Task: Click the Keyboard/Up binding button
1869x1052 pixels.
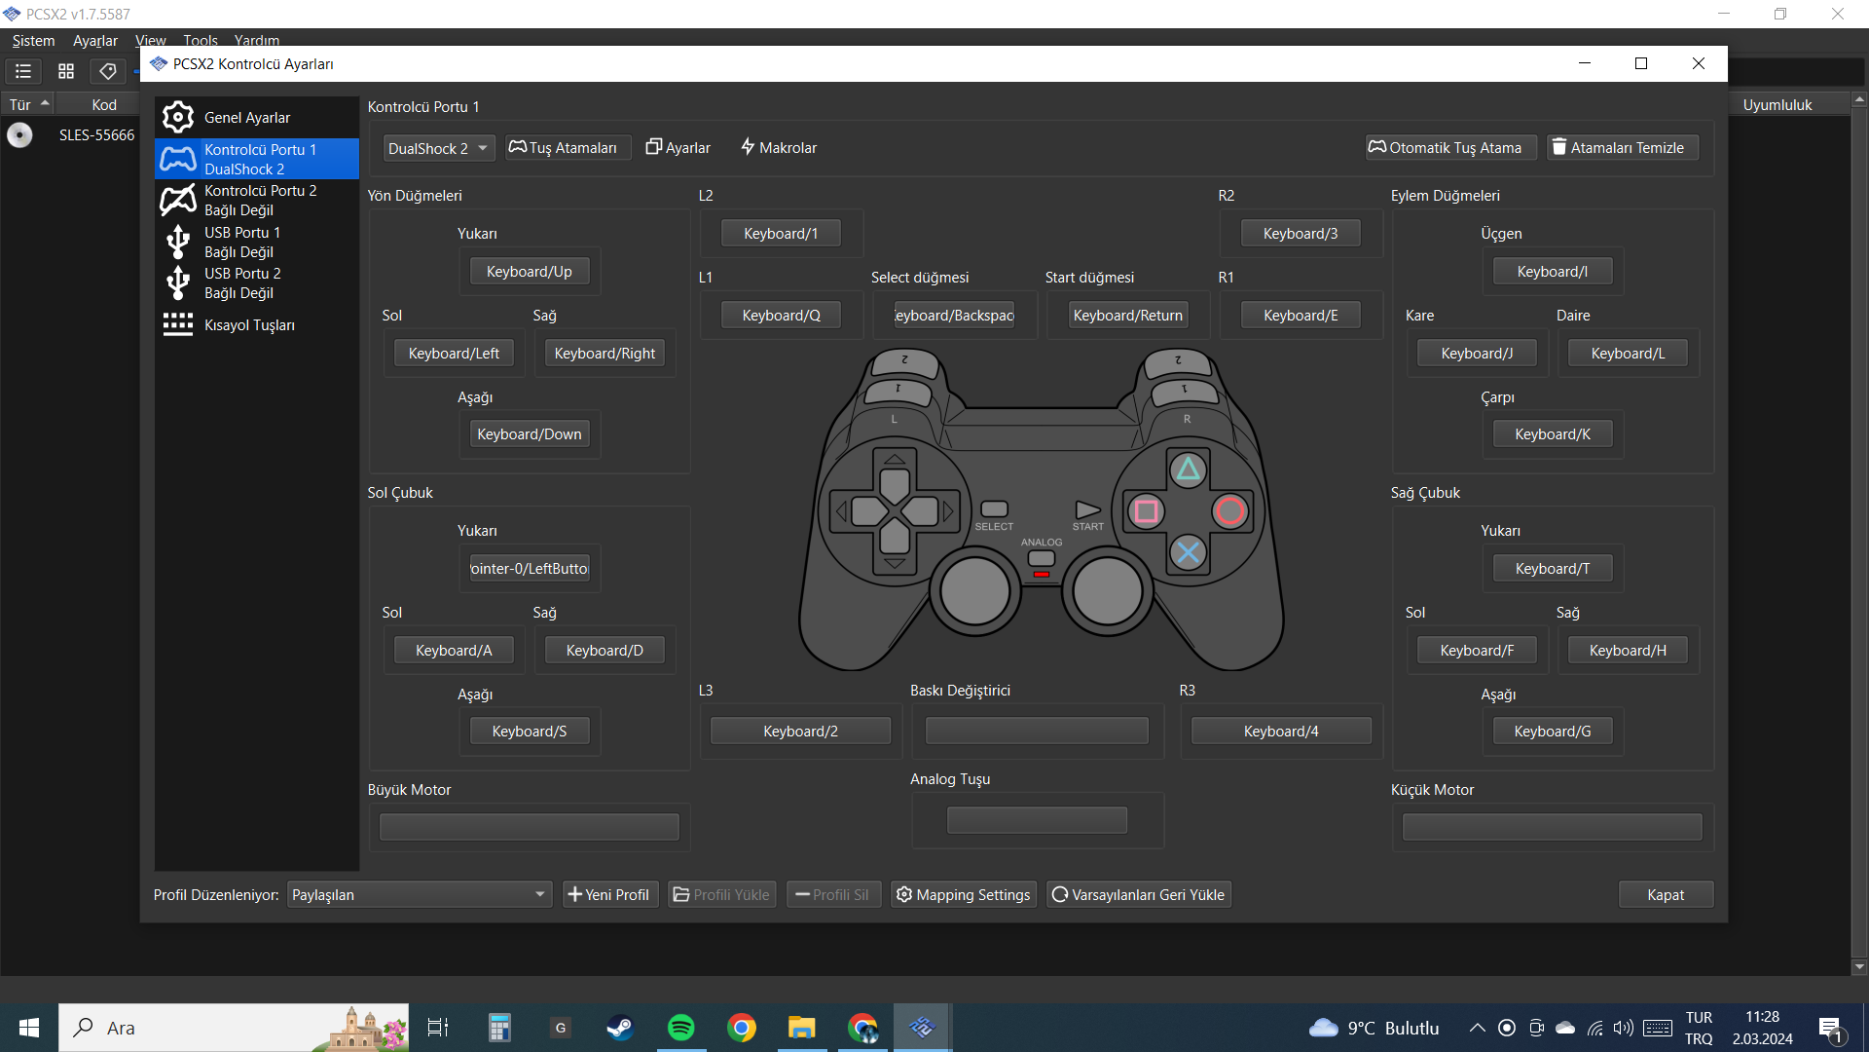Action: [530, 272]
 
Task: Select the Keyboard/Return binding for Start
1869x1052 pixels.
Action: [1127, 315]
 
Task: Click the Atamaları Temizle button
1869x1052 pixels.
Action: [1623, 147]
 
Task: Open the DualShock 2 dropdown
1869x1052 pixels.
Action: [438, 148]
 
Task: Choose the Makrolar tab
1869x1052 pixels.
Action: [779, 147]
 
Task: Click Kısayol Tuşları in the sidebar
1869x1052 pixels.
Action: [248, 324]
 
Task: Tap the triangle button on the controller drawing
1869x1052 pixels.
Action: [1188, 470]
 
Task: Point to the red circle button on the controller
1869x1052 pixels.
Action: [1229, 510]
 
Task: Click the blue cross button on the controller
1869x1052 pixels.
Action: [1188, 552]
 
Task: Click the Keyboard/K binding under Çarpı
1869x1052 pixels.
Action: [1552, 434]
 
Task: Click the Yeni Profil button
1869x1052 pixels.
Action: [609, 894]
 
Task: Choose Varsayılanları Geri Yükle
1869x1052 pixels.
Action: [1138, 894]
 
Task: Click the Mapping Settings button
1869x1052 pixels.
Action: [963, 894]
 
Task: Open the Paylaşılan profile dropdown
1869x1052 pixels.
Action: [419, 894]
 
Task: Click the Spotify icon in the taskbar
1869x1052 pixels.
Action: [680, 1028]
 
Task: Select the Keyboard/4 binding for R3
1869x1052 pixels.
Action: [1280, 731]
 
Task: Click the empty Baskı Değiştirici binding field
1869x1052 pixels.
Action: [1037, 731]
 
